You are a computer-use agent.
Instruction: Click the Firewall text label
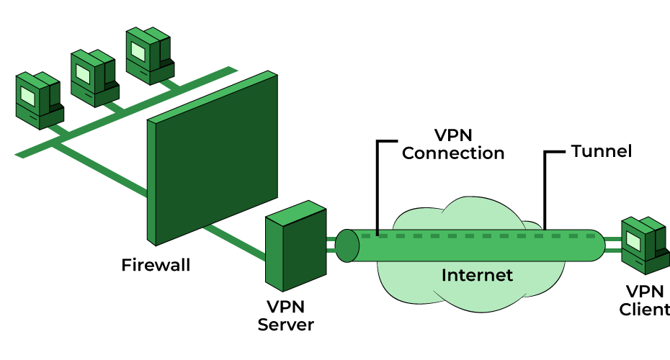156,265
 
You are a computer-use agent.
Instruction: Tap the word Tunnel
601,151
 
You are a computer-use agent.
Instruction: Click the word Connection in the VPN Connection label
453,153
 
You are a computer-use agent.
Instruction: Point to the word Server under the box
286,325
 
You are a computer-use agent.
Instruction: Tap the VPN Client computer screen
634,238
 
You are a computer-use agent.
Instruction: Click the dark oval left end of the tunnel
347,246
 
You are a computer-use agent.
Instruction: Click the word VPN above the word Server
286,307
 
